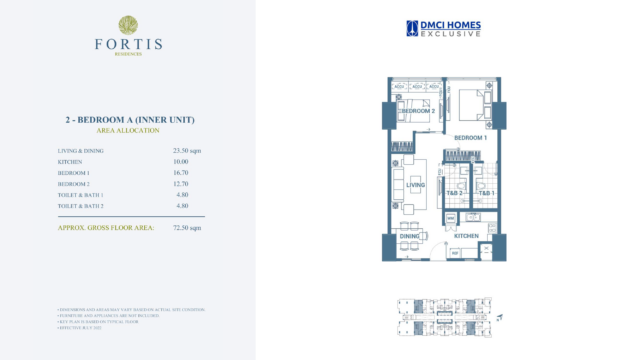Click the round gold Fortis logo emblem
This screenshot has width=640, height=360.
pos(128,24)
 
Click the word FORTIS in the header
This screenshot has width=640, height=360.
pos(128,46)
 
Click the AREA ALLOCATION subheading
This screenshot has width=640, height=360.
pos(128,130)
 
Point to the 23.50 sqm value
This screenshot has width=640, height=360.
pos(186,150)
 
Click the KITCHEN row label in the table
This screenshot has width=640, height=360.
pos(70,161)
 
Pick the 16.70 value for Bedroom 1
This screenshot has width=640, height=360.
pos(181,173)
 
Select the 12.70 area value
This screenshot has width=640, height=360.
pos(181,184)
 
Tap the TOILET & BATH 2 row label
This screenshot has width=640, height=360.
pos(81,205)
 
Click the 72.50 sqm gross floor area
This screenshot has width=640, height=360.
pos(187,228)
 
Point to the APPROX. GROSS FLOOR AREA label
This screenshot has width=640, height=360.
pos(105,228)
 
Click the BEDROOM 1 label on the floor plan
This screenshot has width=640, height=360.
pos(470,137)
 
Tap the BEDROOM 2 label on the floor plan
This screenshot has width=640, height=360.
pos(417,111)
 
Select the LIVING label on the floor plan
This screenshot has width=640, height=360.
pos(416,185)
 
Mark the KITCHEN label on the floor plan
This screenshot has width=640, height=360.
pos(466,236)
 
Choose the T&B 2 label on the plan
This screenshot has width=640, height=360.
pos(453,192)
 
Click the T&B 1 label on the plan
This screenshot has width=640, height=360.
pos(487,192)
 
